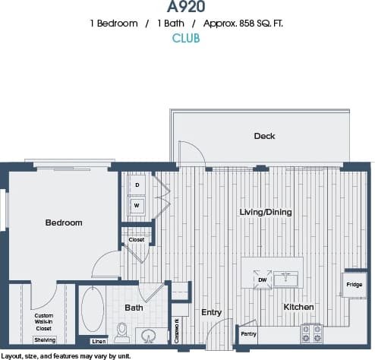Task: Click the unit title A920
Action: point(186,7)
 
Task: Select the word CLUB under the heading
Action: point(186,38)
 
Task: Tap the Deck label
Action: point(264,136)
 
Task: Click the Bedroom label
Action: point(63,223)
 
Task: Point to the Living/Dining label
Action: point(265,212)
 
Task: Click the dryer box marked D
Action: point(137,185)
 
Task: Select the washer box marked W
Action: point(137,205)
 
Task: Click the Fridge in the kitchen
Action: point(354,286)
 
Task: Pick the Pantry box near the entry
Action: point(247,333)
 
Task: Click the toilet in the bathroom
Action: point(122,330)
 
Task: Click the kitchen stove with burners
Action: point(312,333)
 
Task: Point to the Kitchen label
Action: point(299,307)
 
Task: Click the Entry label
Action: point(212,312)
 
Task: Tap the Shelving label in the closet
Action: point(45,340)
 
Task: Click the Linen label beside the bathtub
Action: point(98,341)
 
